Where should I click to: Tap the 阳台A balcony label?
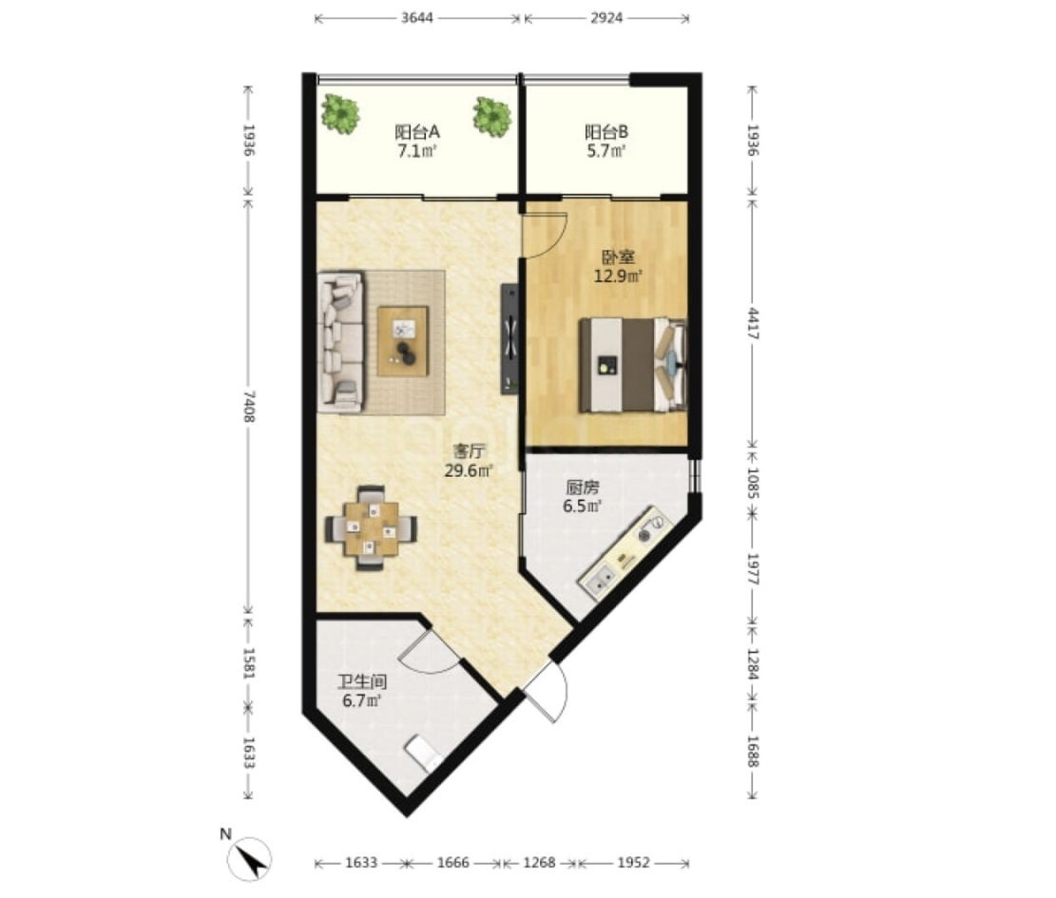(417, 131)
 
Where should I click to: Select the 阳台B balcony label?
(606, 131)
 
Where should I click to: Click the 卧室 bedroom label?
(618, 257)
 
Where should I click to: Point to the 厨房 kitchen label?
(583, 487)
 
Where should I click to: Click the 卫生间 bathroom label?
(362, 682)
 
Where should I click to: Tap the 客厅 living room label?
(470, 451)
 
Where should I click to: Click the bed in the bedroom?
(633, 364)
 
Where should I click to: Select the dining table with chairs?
(371, 528)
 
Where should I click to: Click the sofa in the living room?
(341, 341)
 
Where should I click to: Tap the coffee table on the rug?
(403, 340)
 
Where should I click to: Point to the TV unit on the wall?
(509, 338)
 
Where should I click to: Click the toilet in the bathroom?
(424, 752)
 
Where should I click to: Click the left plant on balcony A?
(340, 114)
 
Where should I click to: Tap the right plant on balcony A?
(491, 116)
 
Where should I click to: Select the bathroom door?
(431, 652)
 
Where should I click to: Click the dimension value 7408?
(248, 407)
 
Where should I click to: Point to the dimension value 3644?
(417, 18)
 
